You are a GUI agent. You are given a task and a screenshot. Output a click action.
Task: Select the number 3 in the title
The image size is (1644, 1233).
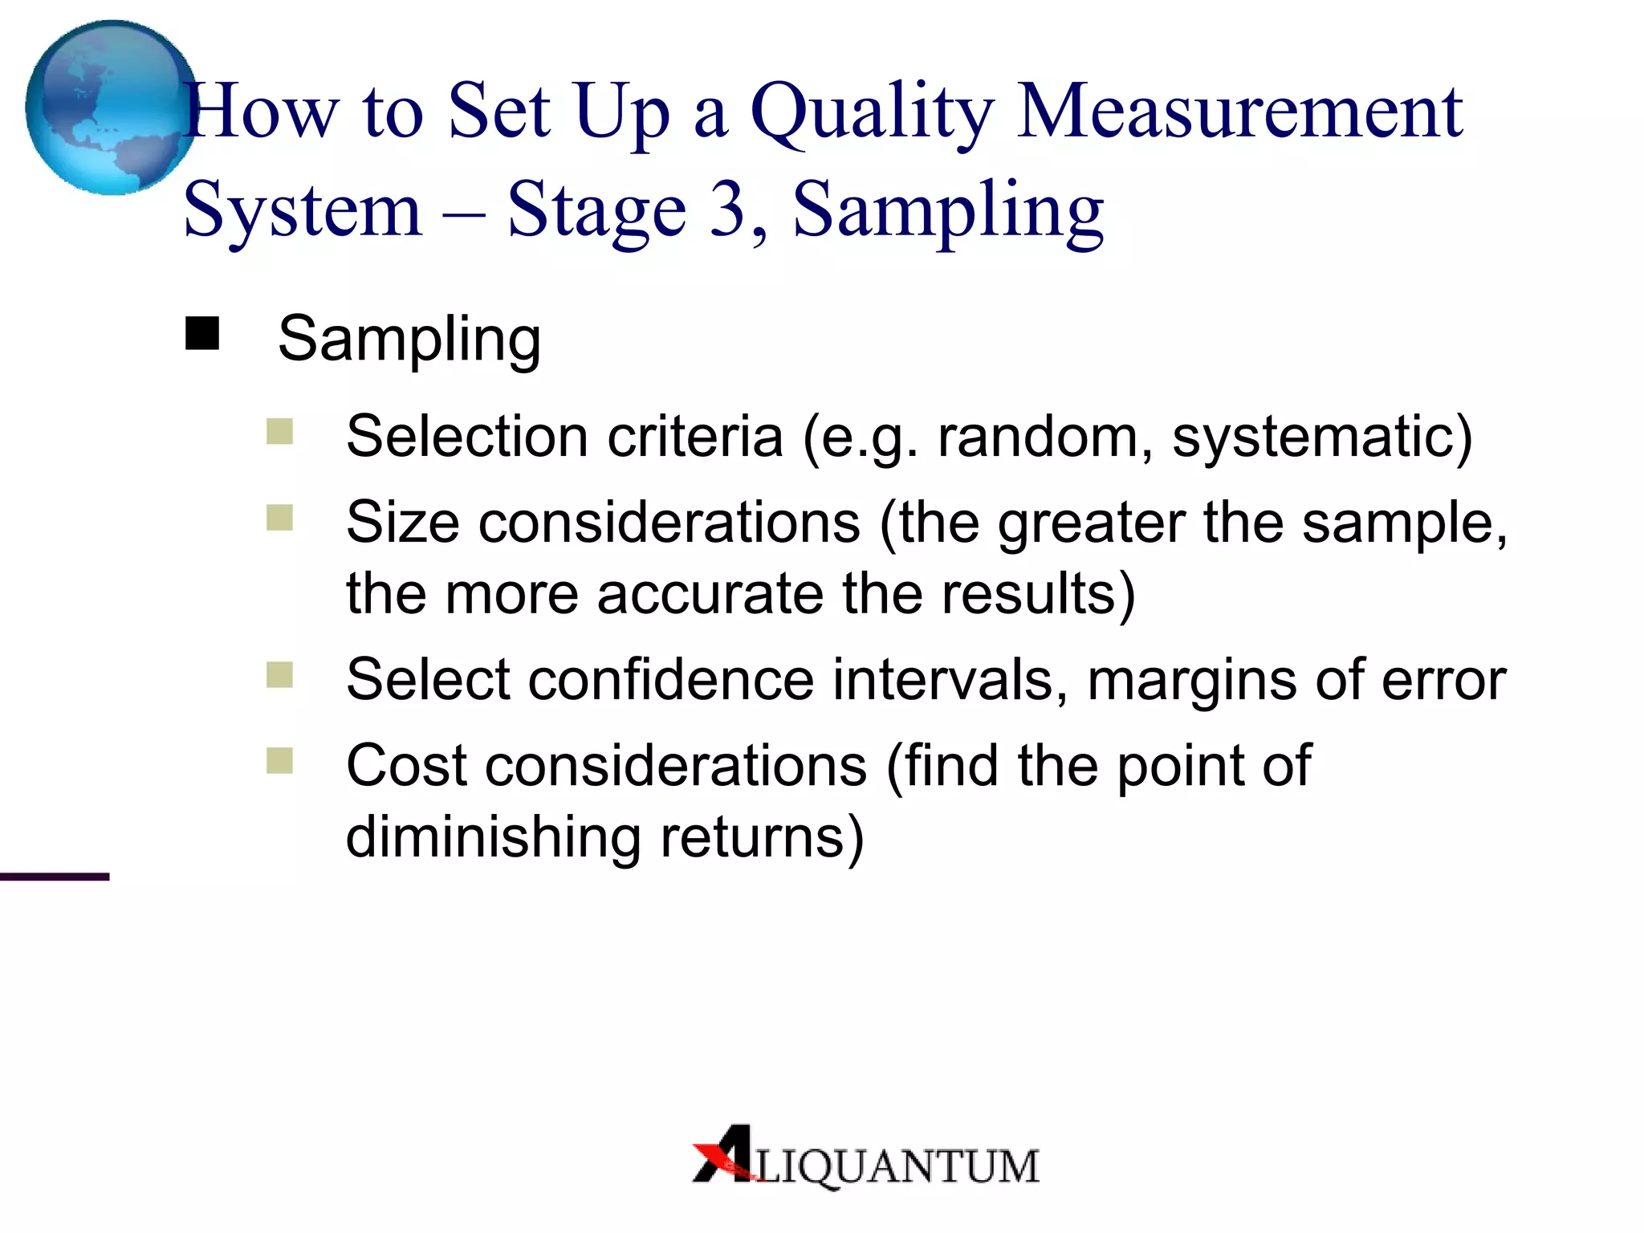(727, 209)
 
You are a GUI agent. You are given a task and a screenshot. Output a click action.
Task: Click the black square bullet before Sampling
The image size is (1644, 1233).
(202, 333)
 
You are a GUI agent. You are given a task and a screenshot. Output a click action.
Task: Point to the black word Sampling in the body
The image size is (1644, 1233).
(409, 339)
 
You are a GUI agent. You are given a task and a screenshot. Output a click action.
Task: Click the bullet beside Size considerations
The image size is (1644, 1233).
(279, 517)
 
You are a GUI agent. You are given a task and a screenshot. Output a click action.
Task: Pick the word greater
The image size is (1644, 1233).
(1091, 523)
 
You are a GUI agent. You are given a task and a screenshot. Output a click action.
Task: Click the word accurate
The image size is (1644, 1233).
(710, 594)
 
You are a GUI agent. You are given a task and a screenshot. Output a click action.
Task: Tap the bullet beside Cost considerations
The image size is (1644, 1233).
(279, 759)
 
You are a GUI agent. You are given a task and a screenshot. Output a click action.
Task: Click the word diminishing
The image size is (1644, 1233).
(493, 837)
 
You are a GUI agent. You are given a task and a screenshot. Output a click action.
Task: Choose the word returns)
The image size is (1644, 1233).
(763, 837)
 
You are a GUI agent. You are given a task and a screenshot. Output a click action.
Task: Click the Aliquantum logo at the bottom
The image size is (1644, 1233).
(865, 1158)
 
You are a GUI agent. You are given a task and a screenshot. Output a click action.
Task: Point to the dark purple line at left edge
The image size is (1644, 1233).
(54, 877)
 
